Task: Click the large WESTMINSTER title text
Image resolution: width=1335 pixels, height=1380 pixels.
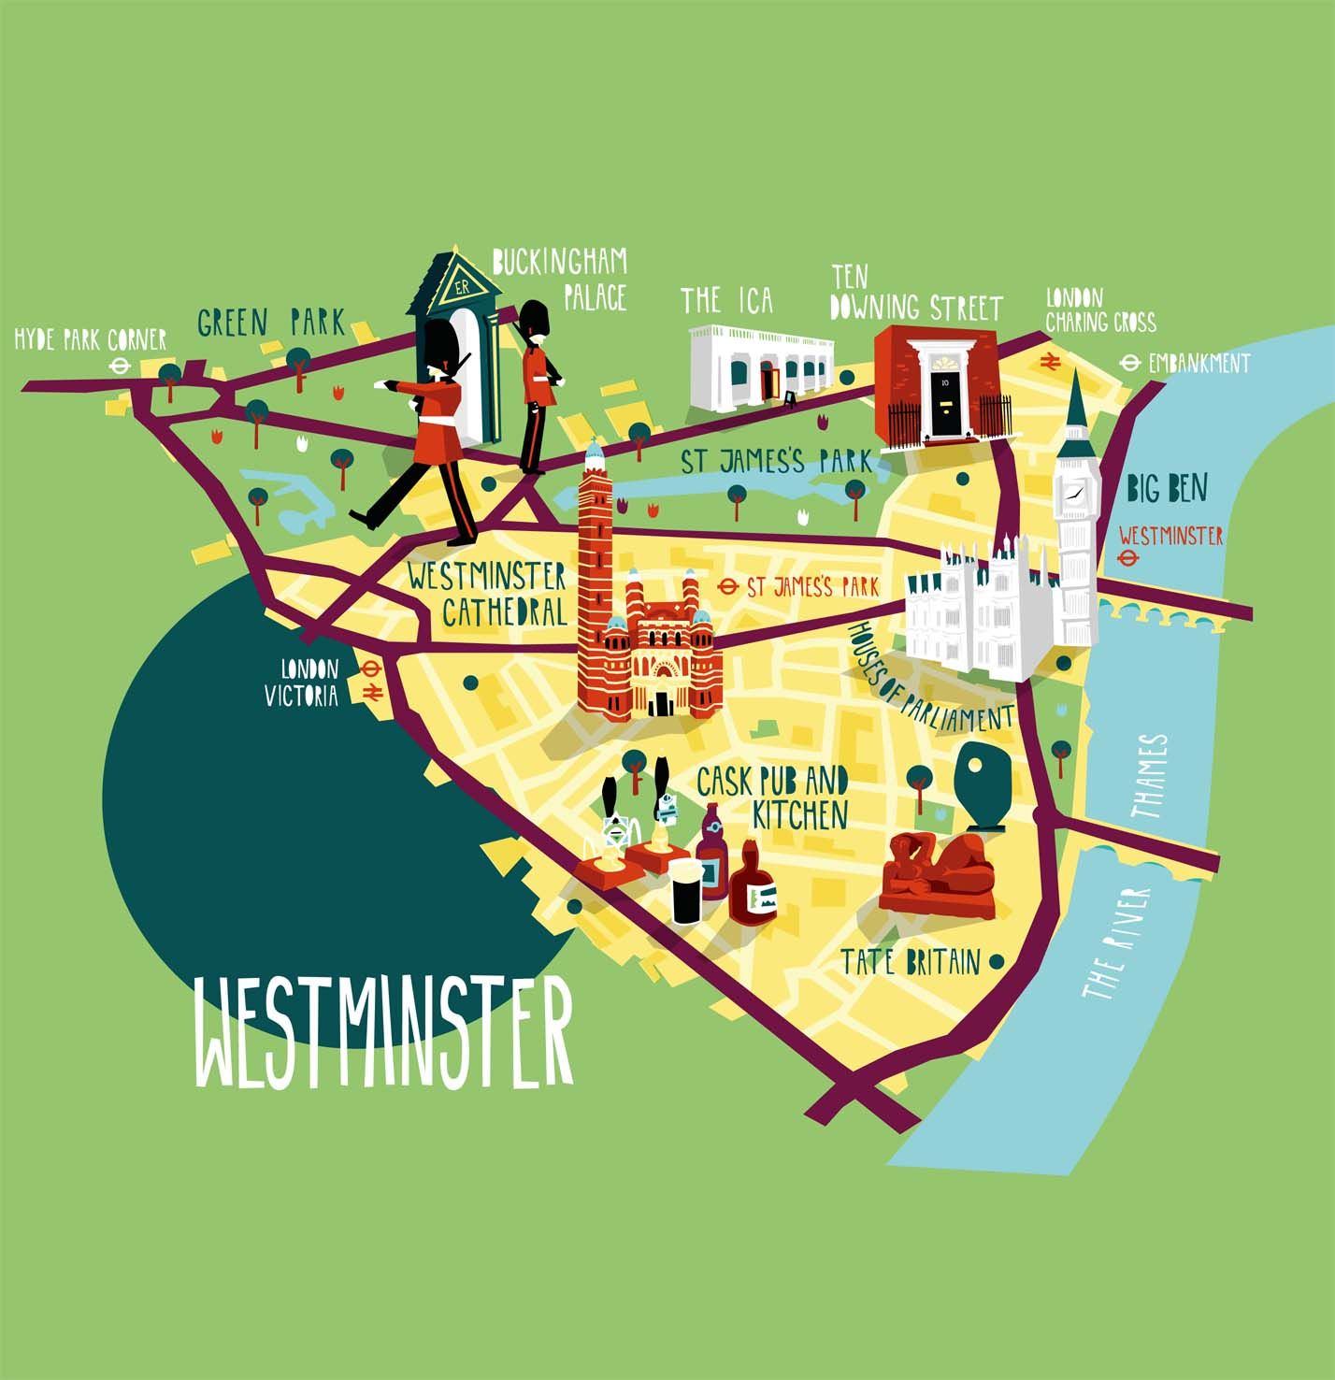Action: pyautogui.click(x=383, y=1033)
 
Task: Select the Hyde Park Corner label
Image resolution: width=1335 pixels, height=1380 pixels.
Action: pyautogui.click(x=90, y=339)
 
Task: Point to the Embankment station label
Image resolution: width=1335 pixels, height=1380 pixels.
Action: pyautogui.click(x=1199, y=363)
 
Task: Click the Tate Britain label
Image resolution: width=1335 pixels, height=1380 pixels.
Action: pyautogui.click(x=910, y=962)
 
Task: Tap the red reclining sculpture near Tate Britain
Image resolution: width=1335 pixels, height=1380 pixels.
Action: pyautogui.click(x=938, y=871)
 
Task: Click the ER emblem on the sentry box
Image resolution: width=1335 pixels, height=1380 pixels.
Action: pyautogui.click(x=461, y=287)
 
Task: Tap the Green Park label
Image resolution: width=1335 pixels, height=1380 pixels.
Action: pyautogui.click(x=270, y=323)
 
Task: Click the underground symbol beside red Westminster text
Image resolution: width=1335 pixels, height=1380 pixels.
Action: pyautogui.click(x=1128, y=559)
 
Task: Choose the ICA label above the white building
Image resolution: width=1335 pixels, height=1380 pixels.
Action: pyautogui.click(x=726, y=300)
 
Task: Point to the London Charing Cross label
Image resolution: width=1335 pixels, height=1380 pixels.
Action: pyautogui.click(x=1099, y=311)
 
